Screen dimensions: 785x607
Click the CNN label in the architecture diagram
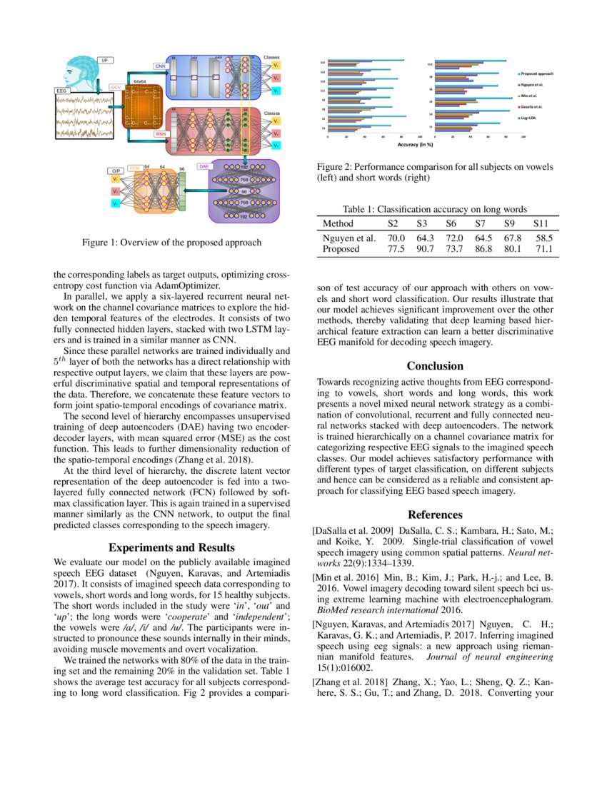pyautogui.click(x=160, y=66)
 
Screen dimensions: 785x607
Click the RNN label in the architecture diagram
pyautogui.click(x=160, y=133)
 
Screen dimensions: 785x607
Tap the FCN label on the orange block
pyautogui.click(x=134, y=168)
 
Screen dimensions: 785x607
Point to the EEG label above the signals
pyautogui.click(x=61, y=91)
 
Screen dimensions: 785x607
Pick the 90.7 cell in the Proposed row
pyautogui.click(x=426, y=250)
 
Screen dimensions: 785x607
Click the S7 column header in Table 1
pyautogui.click(x=483, y=223)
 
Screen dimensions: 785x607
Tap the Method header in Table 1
pyautogui.click(x=338, y=223)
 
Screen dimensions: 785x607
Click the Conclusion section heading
pyautogui.click(x=435, y=366)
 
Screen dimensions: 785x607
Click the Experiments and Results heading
pyautogui.click(x=172, y=547)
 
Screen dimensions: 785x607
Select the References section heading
pyautogui.click(x=435, y=515)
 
